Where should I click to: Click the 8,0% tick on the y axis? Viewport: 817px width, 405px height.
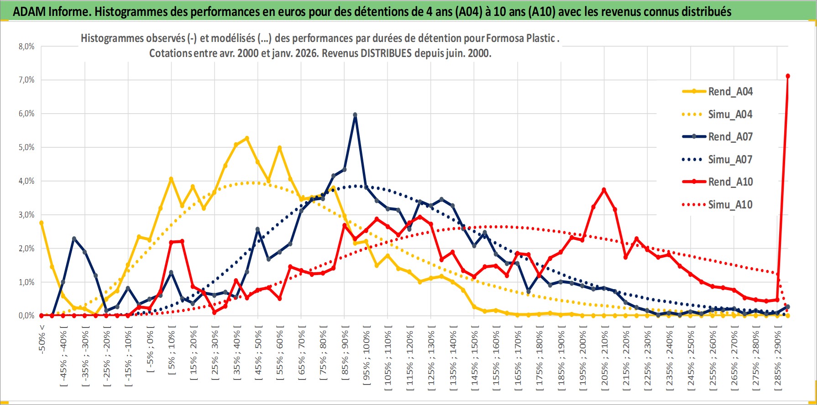tap(26, 47)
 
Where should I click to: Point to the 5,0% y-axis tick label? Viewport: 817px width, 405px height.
tap(26, 147)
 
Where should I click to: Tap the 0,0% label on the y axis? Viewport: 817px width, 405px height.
tap(26, 316)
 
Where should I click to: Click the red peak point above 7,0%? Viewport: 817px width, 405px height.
tap(788, 76)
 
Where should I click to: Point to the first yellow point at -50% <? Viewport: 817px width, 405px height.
tap(42, 223)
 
